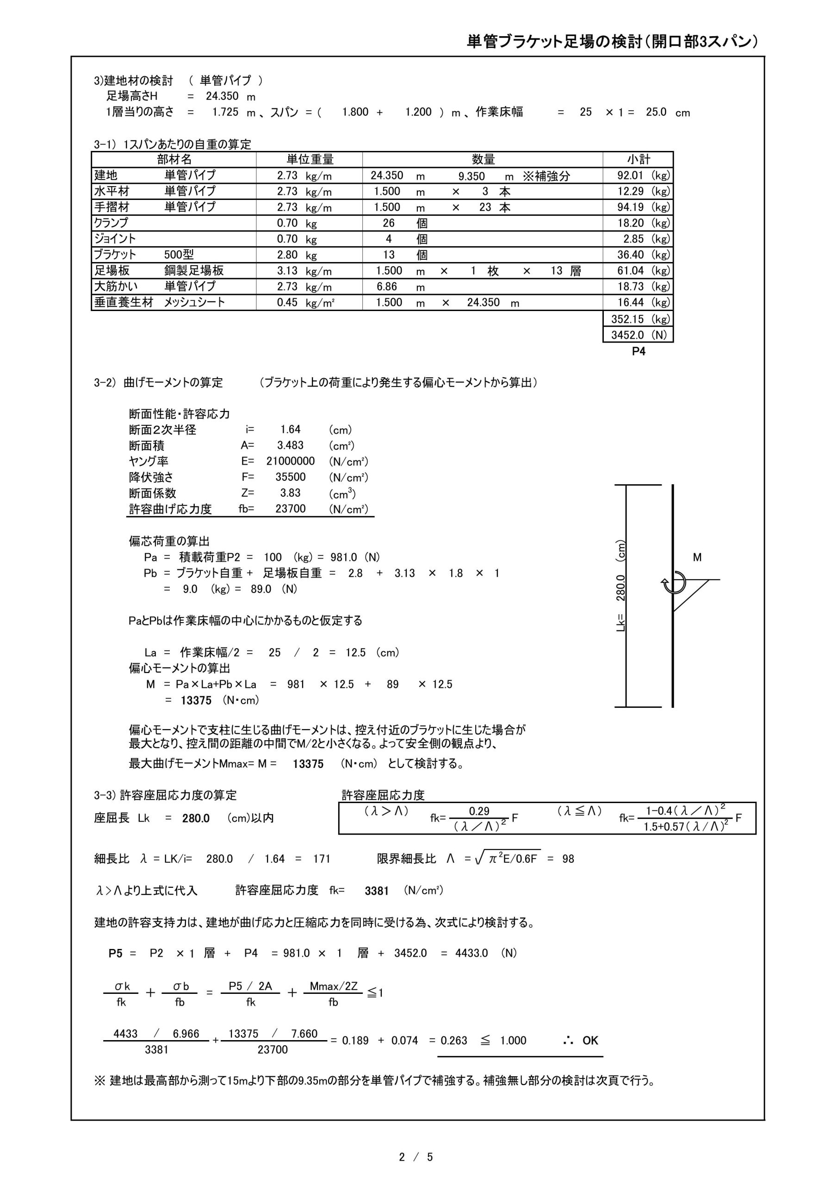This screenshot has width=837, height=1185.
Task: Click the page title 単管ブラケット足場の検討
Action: (612, 42)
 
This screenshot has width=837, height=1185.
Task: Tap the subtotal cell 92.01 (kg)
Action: (643, 175)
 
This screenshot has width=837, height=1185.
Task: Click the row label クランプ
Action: (111, 223)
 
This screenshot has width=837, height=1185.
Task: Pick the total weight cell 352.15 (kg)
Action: (640, 319)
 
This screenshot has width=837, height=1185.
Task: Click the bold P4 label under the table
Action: (639, 351)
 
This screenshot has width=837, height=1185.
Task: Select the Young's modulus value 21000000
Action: (291, 462)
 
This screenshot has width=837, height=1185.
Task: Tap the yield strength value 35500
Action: (291, 477)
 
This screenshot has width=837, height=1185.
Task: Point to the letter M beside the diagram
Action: (697, 557)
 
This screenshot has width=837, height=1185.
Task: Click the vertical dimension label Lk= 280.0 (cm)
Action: (621, 586)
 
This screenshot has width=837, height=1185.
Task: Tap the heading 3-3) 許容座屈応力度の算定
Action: (165, 795)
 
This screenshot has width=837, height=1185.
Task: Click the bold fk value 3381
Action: (377, 891)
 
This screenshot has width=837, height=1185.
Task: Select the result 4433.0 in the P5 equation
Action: (471, 953)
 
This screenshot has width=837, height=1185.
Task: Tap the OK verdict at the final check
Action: (590, 1041)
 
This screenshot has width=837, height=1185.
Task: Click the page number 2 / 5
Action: (416, 1157)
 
